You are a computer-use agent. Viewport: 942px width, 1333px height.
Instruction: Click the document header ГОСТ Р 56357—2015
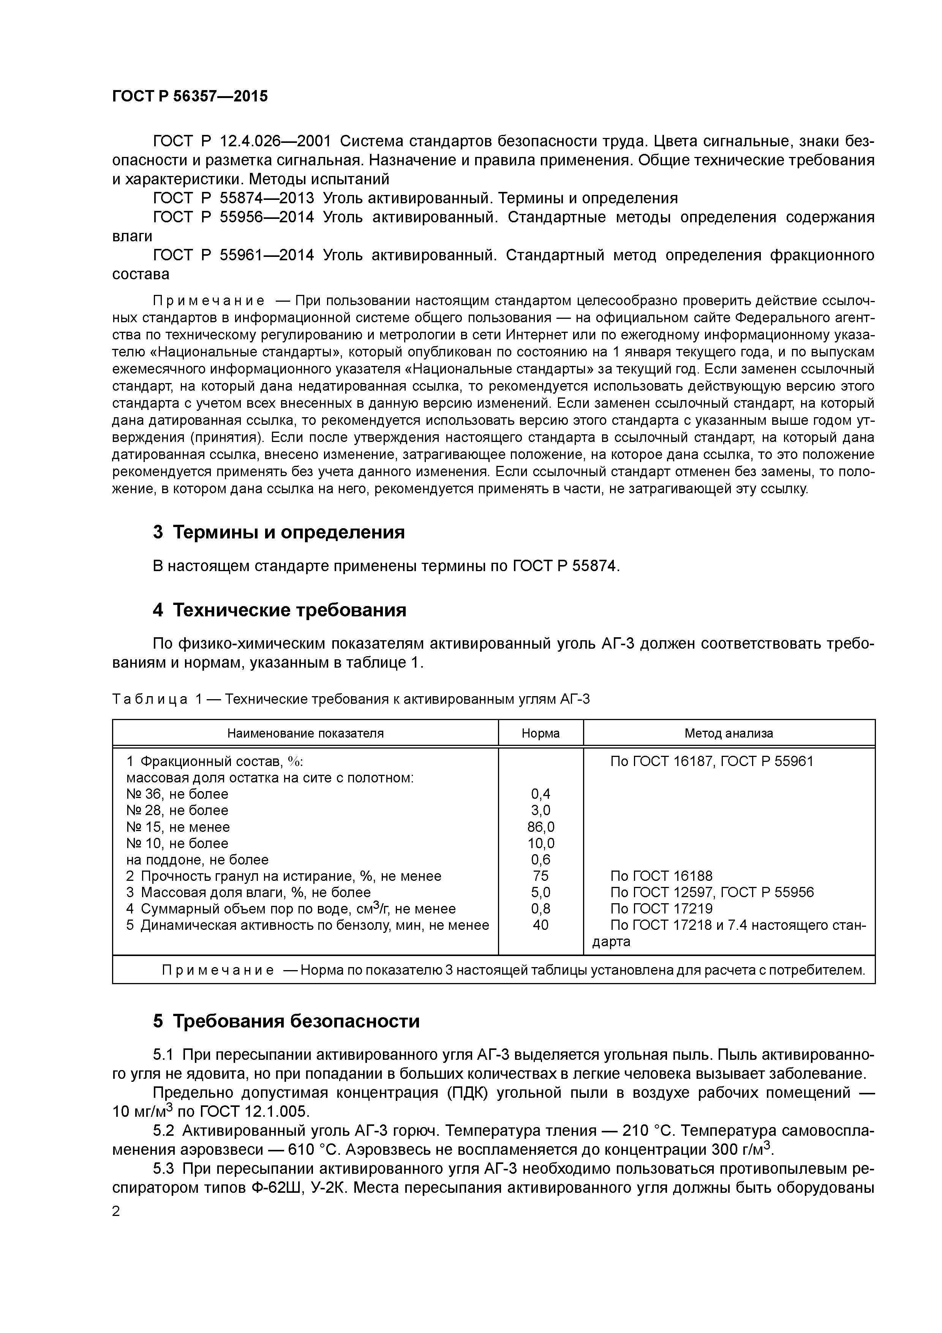[190, 97]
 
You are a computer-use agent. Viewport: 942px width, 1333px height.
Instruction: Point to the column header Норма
[541, 733]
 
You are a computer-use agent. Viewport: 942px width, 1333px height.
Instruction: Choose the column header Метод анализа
[729, 733]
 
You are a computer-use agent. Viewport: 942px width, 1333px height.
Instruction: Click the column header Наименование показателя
[305, 733]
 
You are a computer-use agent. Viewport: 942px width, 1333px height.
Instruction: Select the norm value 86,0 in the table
[541, 827]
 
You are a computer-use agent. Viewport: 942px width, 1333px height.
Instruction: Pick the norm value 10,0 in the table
[541, 843]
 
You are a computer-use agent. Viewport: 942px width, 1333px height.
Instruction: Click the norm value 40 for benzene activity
[541, 925]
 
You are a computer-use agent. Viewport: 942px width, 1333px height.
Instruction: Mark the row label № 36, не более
[177, 794]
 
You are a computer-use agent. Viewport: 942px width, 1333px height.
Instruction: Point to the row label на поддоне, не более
[198, 859]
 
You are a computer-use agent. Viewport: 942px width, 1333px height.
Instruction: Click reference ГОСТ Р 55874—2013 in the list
[233, 199]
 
